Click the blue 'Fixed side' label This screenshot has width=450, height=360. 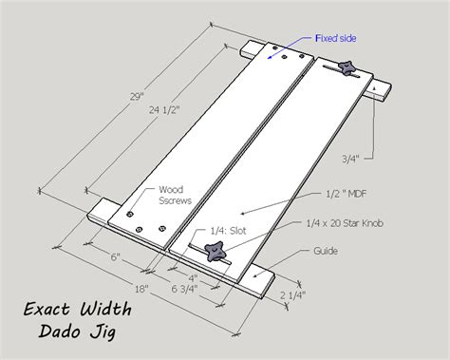(x=336, y=38)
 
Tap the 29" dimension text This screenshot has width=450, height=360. (x=137, y=97)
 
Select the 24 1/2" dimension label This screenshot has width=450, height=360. (x=164, y=110)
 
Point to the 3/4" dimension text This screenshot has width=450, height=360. (x=350, y=159)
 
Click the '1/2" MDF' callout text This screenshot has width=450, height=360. (x=346, y=194)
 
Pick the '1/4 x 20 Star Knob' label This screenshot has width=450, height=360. (x=345, y=223)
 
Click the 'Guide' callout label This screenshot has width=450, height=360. (x=326, y=251)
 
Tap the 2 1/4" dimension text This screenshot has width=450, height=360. (x=292, y=295)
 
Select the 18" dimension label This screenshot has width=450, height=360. (x=141, y=289)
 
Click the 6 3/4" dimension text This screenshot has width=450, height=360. (x=184, y=289)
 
